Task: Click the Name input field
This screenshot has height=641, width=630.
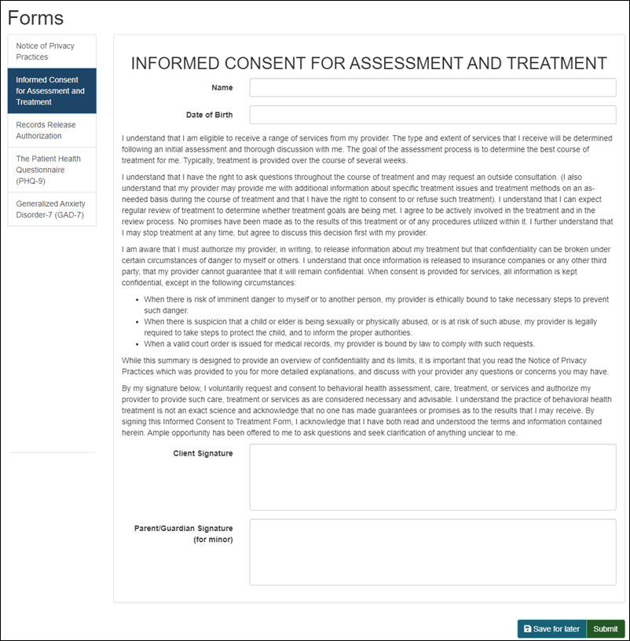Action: tap(432, 87)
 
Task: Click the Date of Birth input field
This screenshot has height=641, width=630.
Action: tap(432, 115)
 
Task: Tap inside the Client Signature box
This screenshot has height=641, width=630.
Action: tap(432, 477)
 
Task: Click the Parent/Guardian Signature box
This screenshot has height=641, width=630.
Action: tap(432, 551)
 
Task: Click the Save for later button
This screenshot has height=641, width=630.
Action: tap(551, 628)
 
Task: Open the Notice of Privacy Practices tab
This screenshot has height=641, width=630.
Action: tap(52, 51)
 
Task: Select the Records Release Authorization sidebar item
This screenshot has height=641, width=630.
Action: tap(52, 130)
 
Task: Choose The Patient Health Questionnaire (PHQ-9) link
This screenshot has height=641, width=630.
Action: tap(52, 170)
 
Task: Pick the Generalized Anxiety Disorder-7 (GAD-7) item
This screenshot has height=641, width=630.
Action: tap(52, 209)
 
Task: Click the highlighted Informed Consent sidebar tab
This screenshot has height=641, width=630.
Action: tap(52, 91)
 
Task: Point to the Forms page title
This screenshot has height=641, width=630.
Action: tap(36, 17)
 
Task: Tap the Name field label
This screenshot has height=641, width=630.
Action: tap(222, 87)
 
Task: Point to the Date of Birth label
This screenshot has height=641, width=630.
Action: tap(209, 115)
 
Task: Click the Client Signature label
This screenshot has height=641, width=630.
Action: tap(203, 453)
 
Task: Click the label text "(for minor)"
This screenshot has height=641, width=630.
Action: tap(212, 540)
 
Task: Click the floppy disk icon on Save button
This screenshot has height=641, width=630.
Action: tap(527, 628)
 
